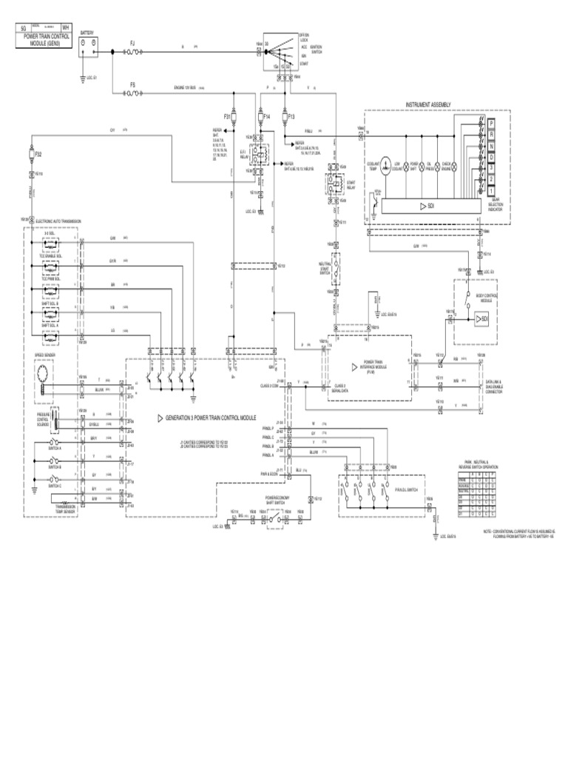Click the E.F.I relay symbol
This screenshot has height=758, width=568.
pyautogui.click(x=260, y=156)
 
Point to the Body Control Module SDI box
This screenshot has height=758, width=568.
pyautogui.click(x=481, y=318)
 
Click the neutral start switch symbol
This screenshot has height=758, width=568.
pyautogui.click(x=337, y=267)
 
